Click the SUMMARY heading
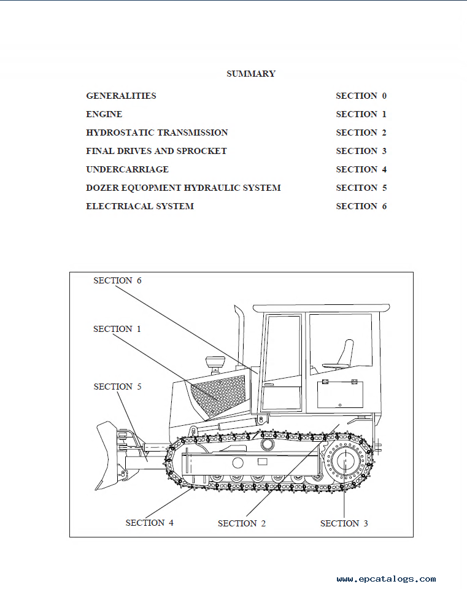(x=251, y=74)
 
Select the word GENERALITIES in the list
(x=121, y=96)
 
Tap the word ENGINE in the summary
(x=104, y=114)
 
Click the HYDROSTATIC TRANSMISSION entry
(x=157, y=133)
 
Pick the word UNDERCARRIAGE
(x=128, y=169)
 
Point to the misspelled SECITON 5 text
(x=361, y=188)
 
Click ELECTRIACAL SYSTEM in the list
(x=140, y=206)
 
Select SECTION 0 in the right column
(x=361, y=96)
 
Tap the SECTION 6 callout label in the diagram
(x=118, y=280)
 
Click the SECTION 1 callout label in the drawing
(x=117, y=329)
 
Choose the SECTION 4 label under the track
(x=150, y=523)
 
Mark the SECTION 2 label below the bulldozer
(x=242, y=523)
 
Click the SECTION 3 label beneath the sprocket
(x=344, y=523)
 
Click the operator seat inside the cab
(x=341, y=356)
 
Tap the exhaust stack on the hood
(x=239, y=336)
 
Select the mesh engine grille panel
(x=217, y=396)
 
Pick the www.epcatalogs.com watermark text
(x=386, y=579)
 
